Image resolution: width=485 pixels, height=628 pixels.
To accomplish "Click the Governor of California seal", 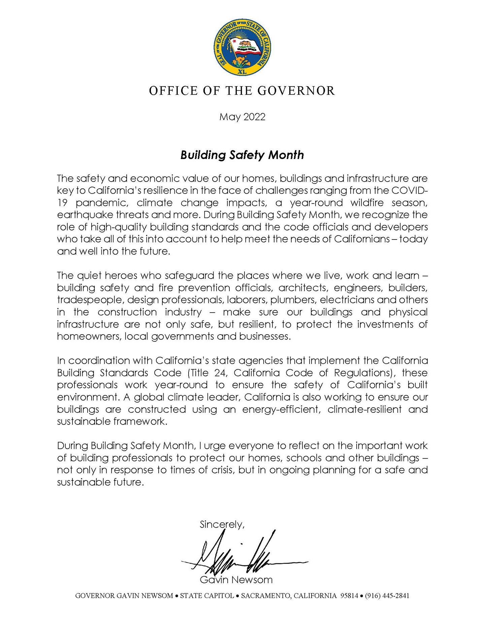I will tap(242, 47).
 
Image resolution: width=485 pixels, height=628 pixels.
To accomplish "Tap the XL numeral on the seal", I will tap(242, 72).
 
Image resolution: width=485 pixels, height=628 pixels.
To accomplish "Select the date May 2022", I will tap(242, 117).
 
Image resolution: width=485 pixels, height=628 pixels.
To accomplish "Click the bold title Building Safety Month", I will tap(242, 155).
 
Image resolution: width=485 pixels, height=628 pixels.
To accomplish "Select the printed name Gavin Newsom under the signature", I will tap(236, 580).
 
